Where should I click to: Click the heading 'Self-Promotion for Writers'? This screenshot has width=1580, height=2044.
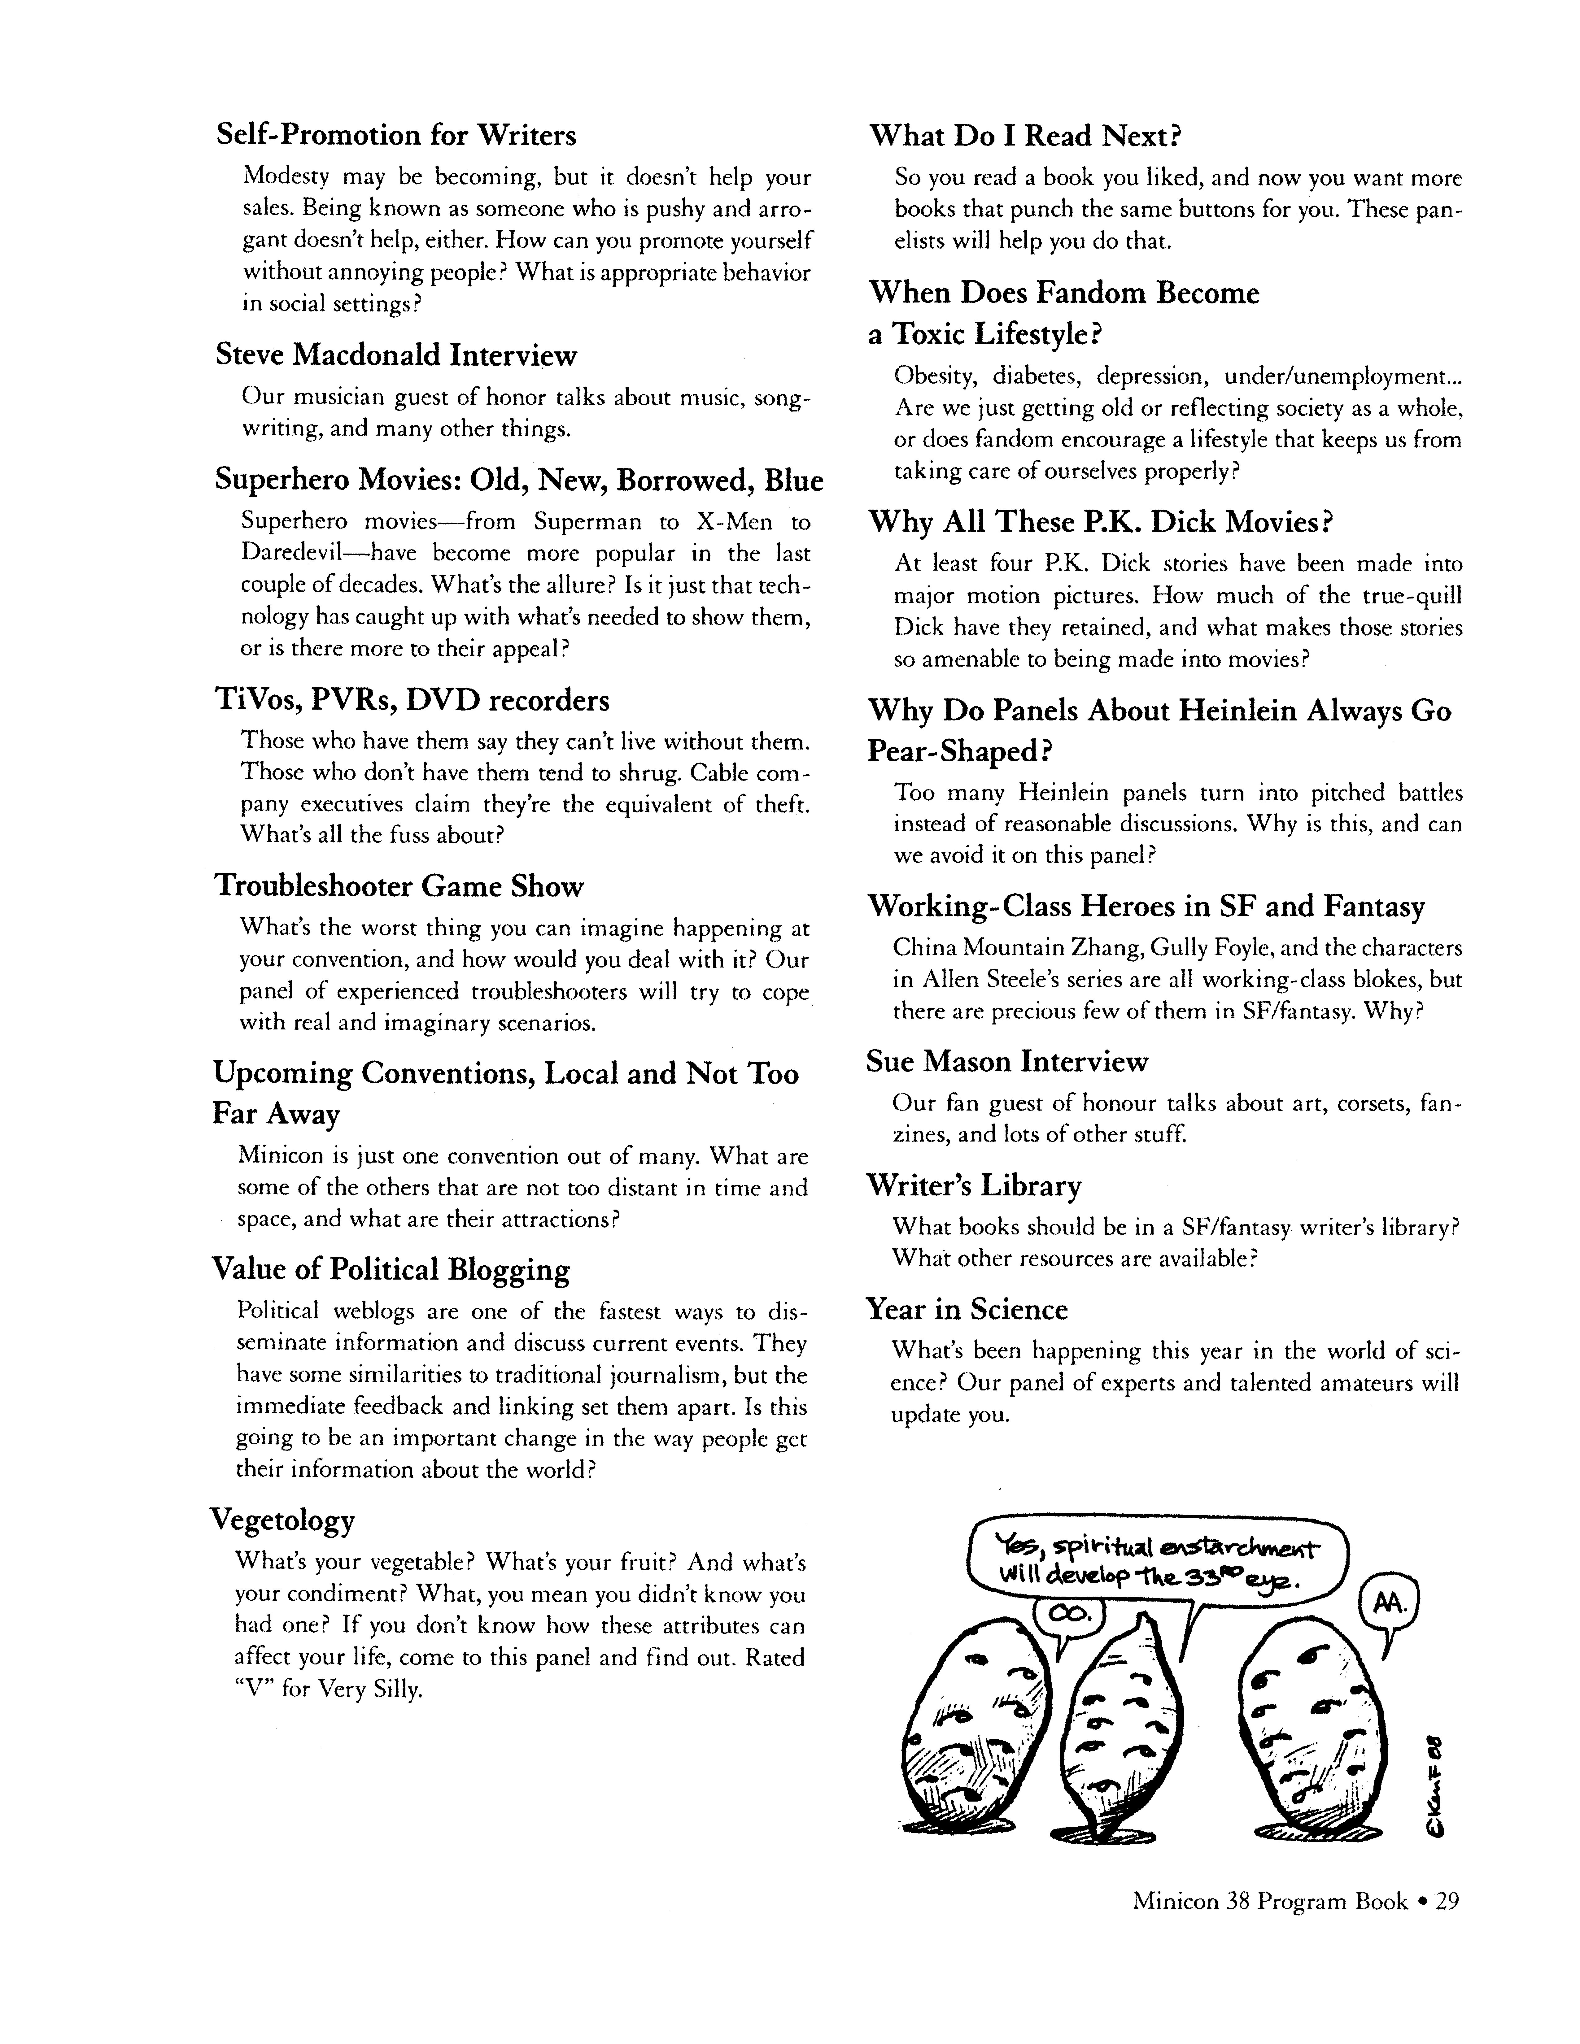click(396, 136)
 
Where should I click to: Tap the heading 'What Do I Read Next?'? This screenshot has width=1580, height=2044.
click(1025, 137)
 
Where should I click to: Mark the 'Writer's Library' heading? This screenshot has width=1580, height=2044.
click(973, 1186)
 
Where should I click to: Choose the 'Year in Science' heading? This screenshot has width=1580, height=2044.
click(967, 1309)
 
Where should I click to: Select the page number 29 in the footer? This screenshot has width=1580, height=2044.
click(1447, 1902)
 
